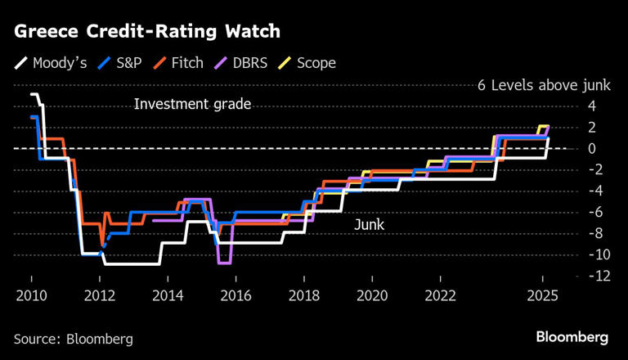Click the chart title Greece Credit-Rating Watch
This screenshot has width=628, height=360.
pyautogui.click(x=147, y=31)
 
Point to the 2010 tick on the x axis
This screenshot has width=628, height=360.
pyautogui.click(x=31, y=295)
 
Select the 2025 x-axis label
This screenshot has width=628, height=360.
pyautogui.click(x=542, y=295)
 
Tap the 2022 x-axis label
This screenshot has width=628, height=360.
pyautogui.click(x=441, y=295)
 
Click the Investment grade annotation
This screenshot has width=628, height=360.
pyautogui.click(x=192, y=104)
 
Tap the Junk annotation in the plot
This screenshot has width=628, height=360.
pyautogui.click(x=369, y=224)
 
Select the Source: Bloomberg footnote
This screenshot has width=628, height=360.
pyautogui.click(x=73, y=338)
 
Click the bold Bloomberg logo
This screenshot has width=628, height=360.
pyautogui.click(x=572, y=337)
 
